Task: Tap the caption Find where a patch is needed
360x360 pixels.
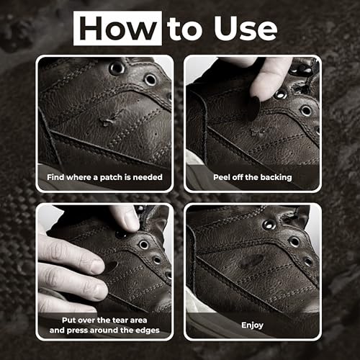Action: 105,176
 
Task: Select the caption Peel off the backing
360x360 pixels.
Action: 253,176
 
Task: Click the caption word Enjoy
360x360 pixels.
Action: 253,325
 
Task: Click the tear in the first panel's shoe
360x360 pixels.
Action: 109,120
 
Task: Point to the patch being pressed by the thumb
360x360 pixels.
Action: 111,266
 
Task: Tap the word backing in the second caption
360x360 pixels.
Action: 273,176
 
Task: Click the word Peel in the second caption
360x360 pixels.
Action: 223,176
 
